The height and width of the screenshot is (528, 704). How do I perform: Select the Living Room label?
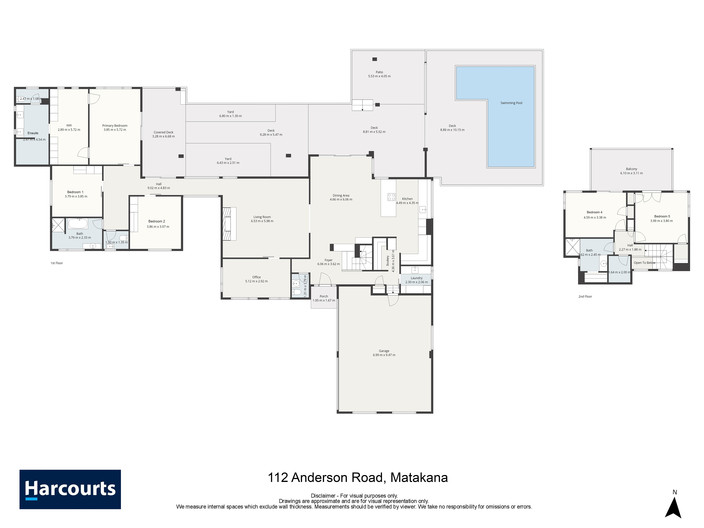pyautogui.click(x=262, y=217)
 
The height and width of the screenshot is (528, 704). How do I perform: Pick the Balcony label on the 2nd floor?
pyautogui.click(x=631, y=169)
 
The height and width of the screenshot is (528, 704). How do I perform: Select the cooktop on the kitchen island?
pyautogui.click(x=391, y=197)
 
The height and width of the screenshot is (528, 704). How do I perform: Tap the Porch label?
pyautogui.click(x=324, y=296)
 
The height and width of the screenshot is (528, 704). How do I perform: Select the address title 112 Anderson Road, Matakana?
pyautogui.click(x=358, y=477)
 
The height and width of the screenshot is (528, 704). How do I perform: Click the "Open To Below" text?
pyautogui.click(x=644, y=263)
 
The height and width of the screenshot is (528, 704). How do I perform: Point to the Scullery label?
pyautogui.click(x=388, y=261)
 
